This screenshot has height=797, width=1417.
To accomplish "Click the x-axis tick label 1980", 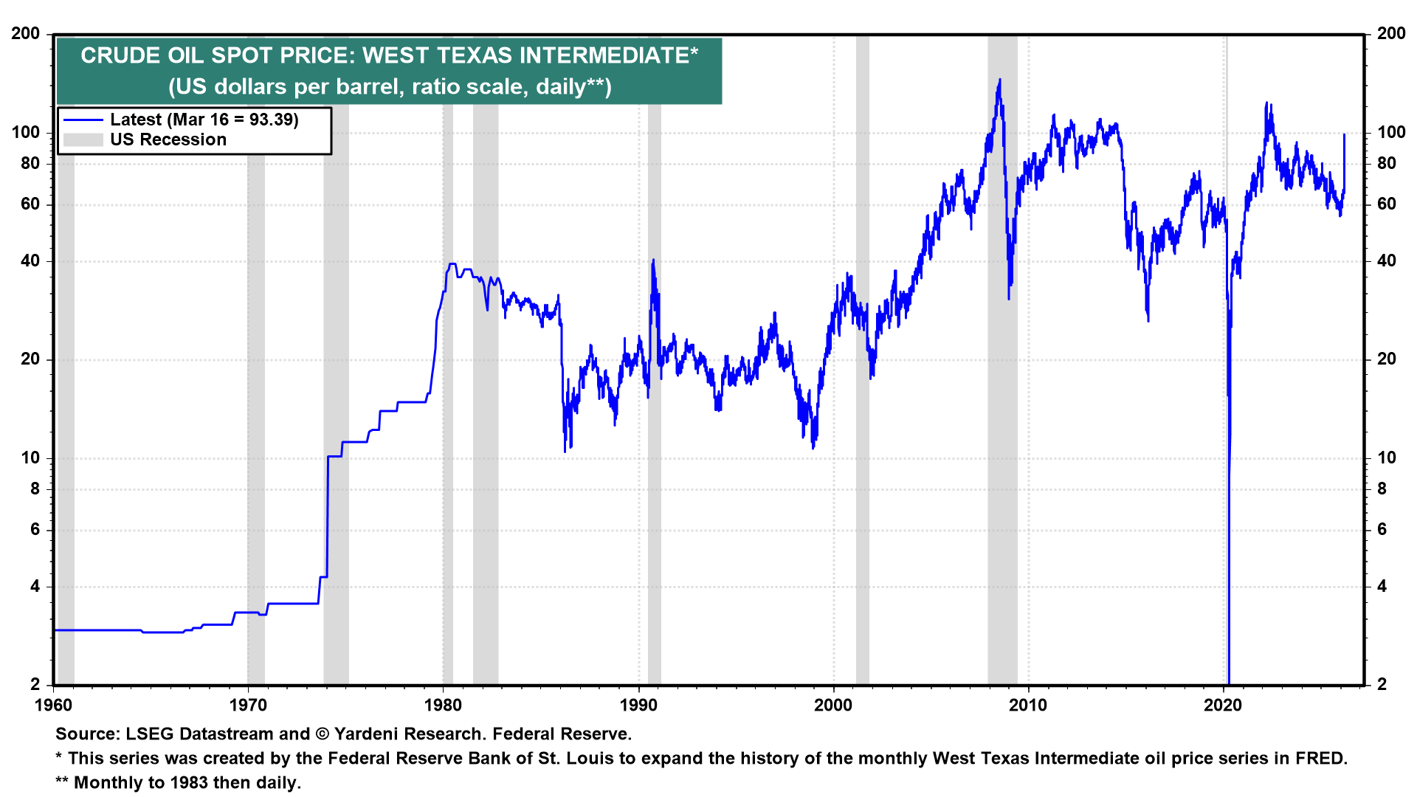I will point(443,705).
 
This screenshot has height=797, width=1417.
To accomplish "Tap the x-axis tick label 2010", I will point(1028,705).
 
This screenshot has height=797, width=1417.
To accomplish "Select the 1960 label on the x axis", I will point(54,705).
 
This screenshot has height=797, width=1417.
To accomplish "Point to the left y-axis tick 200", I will point(26,34).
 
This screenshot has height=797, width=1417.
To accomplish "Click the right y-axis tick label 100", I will point(1391,133).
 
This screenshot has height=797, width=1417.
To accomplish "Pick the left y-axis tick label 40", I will point(30,261).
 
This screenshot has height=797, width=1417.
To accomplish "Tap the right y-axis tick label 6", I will point(1382,530).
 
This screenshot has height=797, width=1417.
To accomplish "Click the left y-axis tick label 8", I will point(35,489).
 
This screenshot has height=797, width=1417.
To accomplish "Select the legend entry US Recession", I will point(168,140).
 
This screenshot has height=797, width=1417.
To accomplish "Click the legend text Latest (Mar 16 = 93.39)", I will point(204,120).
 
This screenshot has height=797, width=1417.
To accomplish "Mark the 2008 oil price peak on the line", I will point(1000,80).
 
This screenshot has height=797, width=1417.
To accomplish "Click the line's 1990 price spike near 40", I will point(653,261).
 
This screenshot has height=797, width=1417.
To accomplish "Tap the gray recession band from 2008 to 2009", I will point(1002,369).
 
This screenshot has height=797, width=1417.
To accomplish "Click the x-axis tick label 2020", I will point(1223,705).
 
